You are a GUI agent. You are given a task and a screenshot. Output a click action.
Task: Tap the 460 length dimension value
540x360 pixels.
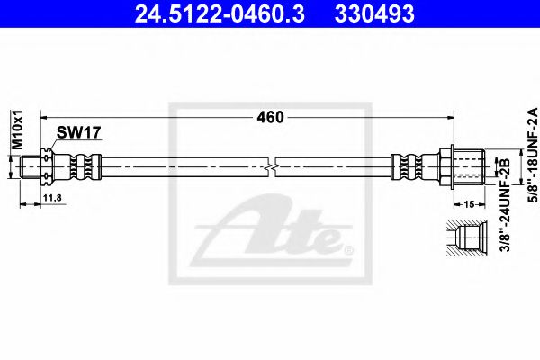click(x=270, y=117)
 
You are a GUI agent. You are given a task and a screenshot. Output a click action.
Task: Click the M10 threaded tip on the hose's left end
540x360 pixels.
click(x=29, y=167)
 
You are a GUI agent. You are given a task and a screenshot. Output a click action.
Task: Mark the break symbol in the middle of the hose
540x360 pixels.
click(x=272, y=167)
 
